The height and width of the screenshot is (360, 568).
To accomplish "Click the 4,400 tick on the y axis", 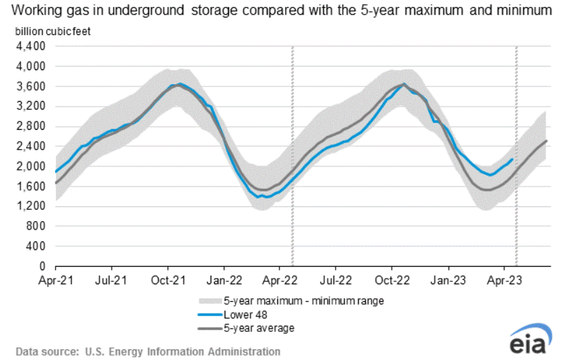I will [x=31, y=46].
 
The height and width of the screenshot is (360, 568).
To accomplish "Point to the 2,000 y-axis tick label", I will [x=31, y=166].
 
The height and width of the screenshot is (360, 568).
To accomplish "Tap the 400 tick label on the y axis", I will [x=36, y=246].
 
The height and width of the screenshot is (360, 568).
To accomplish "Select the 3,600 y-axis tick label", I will [x=31, y=86].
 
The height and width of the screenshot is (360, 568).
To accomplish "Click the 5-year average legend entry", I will [x=253, y=327].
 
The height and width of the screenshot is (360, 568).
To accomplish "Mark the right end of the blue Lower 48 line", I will [x=512, y=159].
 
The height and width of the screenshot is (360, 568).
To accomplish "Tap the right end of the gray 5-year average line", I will [x=547, y=141].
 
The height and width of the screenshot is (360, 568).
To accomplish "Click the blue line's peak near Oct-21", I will [x=180, y=84].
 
